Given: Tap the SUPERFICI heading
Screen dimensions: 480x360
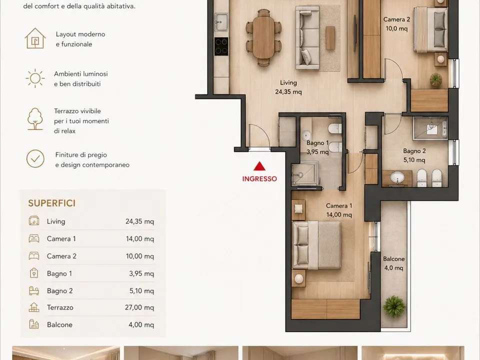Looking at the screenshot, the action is pyautogui.click(x=51, y=203).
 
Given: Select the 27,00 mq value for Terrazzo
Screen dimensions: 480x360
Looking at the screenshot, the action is pyautogui.click(x=139, y=307).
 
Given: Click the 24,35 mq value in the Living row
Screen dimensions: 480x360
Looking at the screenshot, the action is pyautogui.click(x=139, y=221).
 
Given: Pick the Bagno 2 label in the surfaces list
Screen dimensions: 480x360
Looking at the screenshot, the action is pyautogui.click(x=59, y=291).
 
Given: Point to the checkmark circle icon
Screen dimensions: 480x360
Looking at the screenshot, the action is pyautogui.click(x=35, y=158).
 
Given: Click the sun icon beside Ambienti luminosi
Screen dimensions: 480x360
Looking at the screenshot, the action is pyautogui.click(x=35, y=78).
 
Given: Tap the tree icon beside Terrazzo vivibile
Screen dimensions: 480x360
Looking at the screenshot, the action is pyautogui.click(x=35, y=119).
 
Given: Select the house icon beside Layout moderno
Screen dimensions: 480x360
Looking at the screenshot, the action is pyautogui.click(x=35, y=38).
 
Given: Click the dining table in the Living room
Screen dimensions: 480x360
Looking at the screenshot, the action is pyautogui.click(x=264, y=37).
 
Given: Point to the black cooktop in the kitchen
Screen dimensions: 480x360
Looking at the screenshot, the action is pyautogui.click(x=221, y=46).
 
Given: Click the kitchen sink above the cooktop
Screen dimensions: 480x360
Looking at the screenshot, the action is pyautogui.click(x=221, y=22).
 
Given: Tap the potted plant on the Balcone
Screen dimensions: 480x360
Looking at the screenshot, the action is pyautogui.click(x=394, y=306).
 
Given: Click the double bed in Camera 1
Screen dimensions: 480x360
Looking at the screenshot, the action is pyautogui.click(x=317, y=245).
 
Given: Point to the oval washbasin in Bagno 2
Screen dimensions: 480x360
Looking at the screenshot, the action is pyautogui.click(x=397, y=177).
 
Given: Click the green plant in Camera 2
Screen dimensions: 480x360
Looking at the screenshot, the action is pyautogui.click(x=435, y=79).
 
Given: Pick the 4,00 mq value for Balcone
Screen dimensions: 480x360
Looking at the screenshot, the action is pyautogui.click(x=141, y=324).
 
